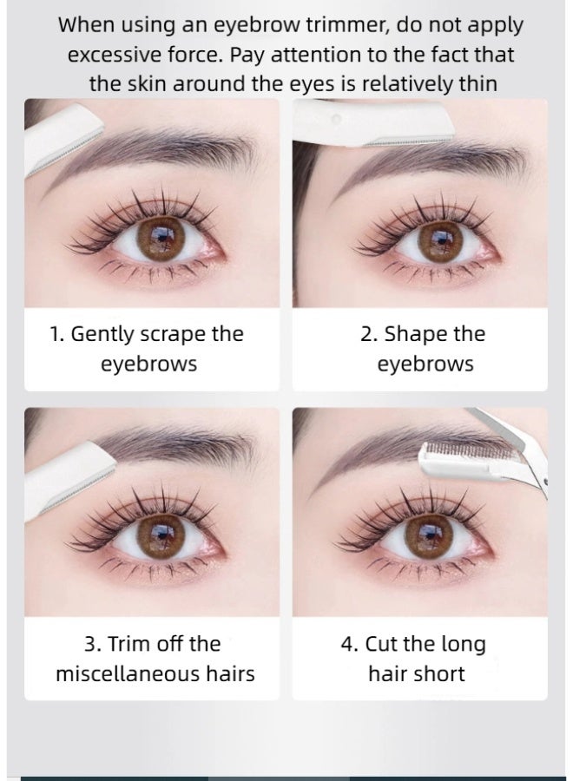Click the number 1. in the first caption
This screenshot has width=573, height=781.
coord(56,334)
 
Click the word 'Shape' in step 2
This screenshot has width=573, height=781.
coord(411,334)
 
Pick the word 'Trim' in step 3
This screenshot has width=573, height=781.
coord(137,644)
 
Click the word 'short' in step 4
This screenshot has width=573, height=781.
coord(443,673)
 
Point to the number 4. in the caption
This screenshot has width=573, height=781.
coord(348,644)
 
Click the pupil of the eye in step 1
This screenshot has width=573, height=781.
coord(161,236)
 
